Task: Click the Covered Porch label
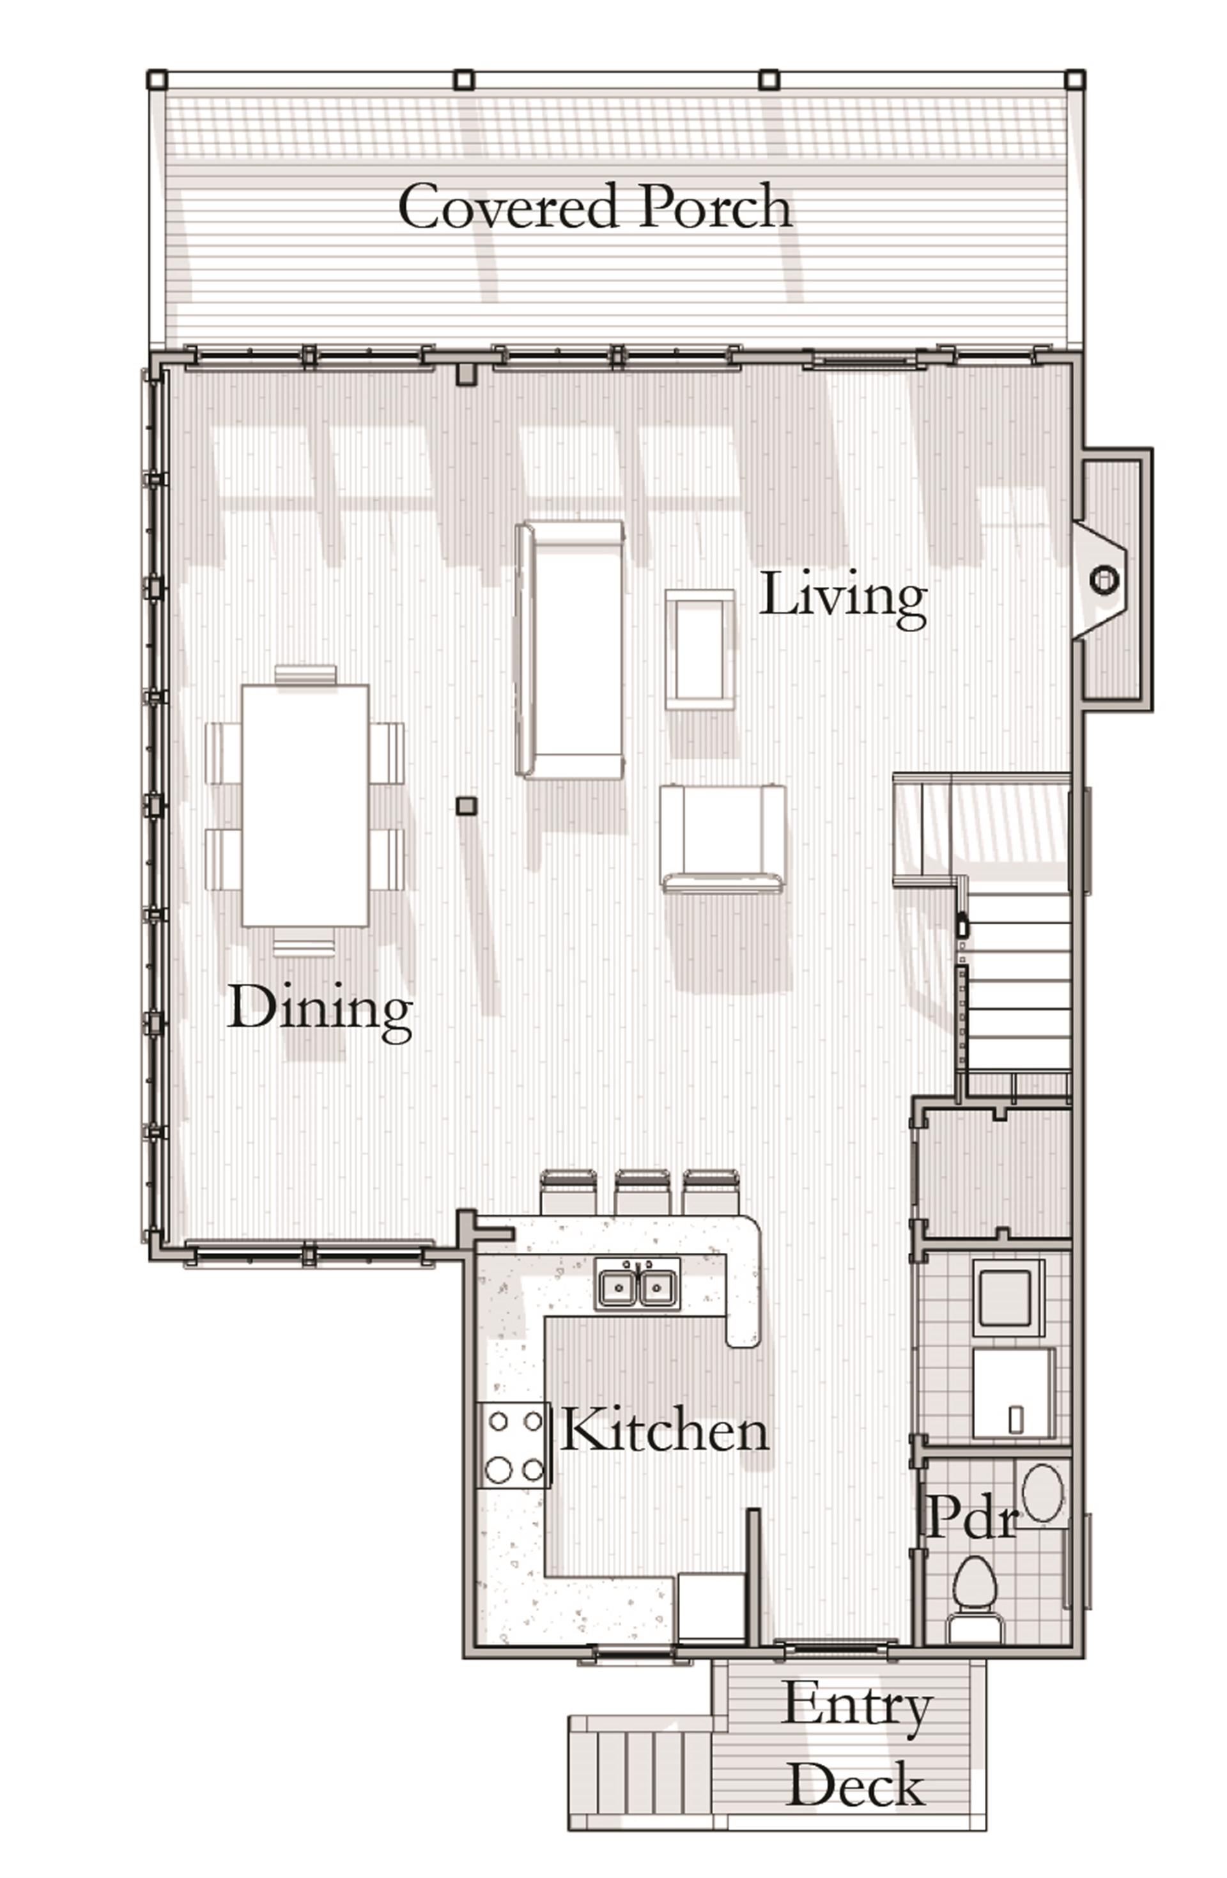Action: click(x=594, y=206)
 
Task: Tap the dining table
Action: click(x=305, y=805)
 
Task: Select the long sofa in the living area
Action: click(x=569, y=649)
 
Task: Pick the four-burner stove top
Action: click(x=514, y=1446)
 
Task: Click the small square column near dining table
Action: click(x=467, y=805)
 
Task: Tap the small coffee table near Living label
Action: click(x=699, y=649)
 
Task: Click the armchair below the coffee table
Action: click(x=722, y=837)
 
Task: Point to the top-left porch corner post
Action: click(x=158, y=79)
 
